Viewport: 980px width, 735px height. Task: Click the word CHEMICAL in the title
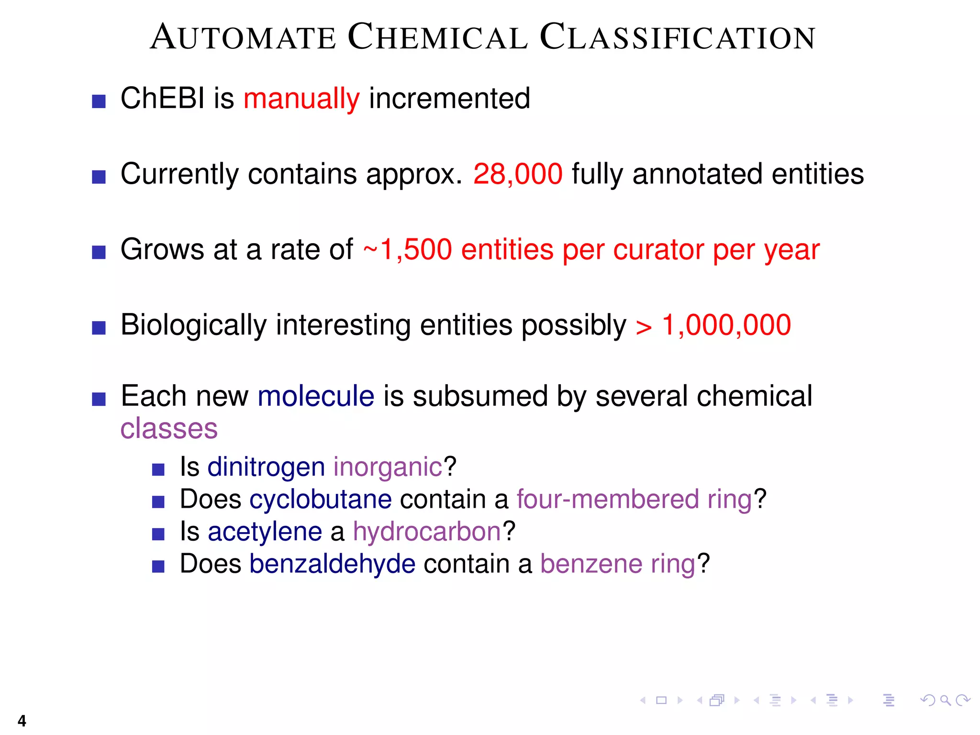tap(438, 37)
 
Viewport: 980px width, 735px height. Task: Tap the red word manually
tap(301, 99)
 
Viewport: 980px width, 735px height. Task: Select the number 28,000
tap(518, 174)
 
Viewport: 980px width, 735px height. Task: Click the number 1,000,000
tap(726, 325)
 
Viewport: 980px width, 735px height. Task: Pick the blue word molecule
tap(316, 396)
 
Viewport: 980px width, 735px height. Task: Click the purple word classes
tap(169, 428)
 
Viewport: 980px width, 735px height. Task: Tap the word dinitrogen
tap(266, 467)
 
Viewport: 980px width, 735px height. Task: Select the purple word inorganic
tap(388, 467)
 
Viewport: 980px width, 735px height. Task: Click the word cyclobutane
tap(321, 499)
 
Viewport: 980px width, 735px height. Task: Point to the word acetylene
tap(265, 532)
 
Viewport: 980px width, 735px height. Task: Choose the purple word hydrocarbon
tap(427, 532)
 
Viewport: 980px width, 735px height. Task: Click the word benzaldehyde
tap(332, 564)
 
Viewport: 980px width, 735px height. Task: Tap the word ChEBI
tap(162, 99)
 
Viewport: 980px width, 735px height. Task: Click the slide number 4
tap(22, 721)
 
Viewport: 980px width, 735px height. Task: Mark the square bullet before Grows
tap(99, 252)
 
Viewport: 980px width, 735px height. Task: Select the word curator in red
tap(658, 249)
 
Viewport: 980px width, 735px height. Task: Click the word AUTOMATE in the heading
tap(243, 37)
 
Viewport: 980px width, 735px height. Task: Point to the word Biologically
tap(193, 325)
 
